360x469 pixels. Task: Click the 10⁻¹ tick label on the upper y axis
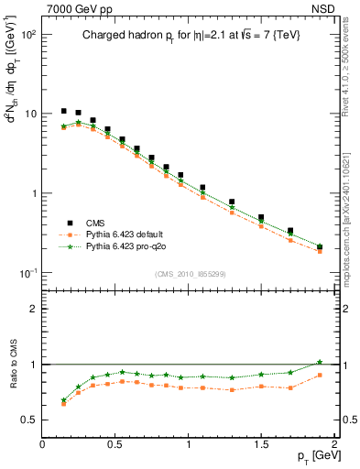28,273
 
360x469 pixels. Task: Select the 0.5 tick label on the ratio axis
29,420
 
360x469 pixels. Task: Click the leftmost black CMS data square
64,111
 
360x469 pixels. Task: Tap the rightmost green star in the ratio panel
320,362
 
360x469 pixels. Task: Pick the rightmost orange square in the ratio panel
320,375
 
